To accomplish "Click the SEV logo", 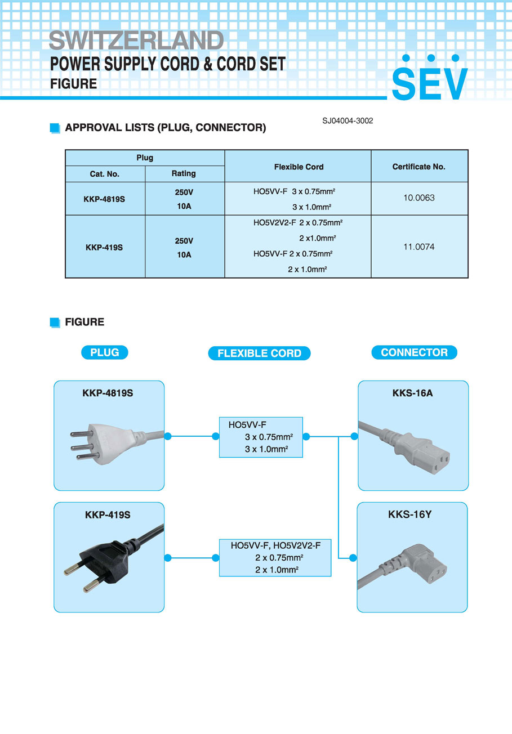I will (430, 79).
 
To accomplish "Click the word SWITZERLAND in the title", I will (136, 41).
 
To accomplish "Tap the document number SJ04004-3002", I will (348, 120).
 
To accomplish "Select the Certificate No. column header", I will (418, 167).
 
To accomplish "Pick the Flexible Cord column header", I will (299, 167).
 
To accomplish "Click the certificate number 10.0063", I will (419, 198).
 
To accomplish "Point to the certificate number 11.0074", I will (419, 247).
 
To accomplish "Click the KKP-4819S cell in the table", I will (104, 199).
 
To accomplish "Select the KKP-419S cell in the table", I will (104, 247).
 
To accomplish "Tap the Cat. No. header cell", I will (105, 174).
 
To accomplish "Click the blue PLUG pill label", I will (105, 352).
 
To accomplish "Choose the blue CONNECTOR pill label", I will (414, 352).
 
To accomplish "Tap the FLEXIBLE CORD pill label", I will (259, 353).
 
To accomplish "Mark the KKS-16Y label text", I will (410, 514).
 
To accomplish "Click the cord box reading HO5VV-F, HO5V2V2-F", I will (275, 557).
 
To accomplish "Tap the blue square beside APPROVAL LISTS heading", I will (55, 128).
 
